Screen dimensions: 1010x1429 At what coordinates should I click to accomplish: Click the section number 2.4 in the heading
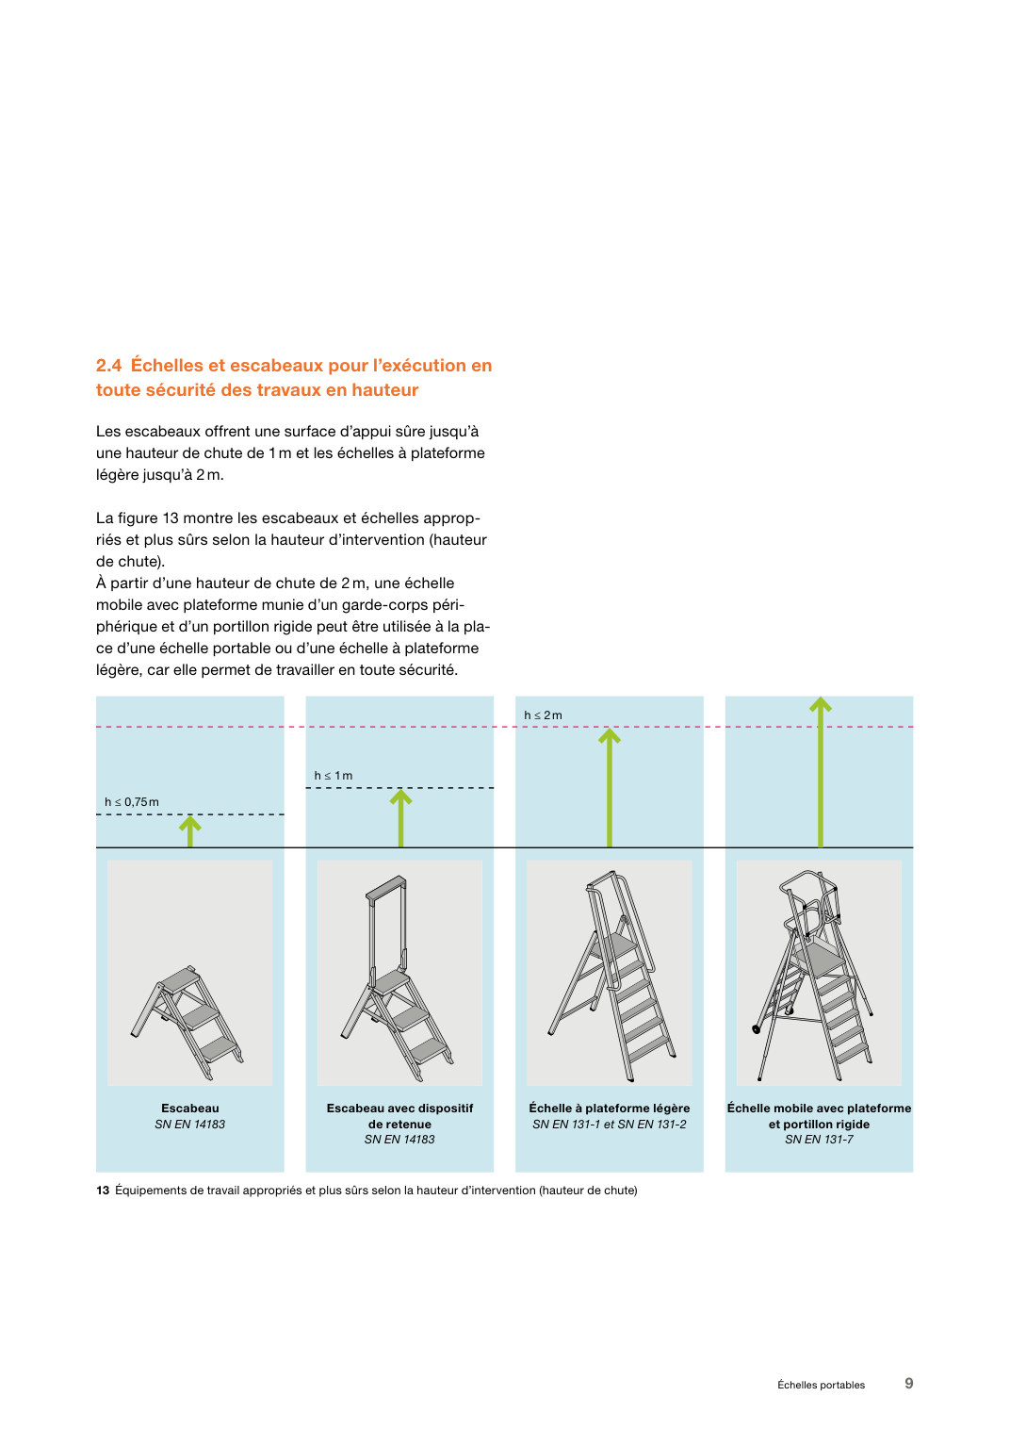(108, 366)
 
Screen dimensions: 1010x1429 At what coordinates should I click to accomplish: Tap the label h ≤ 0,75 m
(132, 802)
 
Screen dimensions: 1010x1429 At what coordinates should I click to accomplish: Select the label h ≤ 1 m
(334, 776)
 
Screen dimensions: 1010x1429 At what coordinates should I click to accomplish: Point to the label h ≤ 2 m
(544, 715)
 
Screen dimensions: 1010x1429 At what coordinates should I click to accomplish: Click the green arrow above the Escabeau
(190, 832)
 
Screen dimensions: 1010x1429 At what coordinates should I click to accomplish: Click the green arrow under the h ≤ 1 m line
(400, 818)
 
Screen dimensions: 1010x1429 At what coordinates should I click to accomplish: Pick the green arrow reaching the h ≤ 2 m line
(610, 788)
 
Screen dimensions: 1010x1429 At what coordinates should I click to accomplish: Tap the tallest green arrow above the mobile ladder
(821, 772)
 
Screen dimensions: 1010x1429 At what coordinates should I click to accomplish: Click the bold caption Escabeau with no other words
(190, 1109)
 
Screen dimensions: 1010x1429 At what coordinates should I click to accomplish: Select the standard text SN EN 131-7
(820, 1140)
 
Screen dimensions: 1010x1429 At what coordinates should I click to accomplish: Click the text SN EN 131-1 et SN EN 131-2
(610, 1124)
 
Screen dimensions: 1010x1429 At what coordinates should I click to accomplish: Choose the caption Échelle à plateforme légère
(610, 1109)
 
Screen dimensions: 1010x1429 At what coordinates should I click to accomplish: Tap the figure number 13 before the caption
(103, 1191)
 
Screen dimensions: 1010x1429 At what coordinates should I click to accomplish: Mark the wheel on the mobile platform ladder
(757, 1028)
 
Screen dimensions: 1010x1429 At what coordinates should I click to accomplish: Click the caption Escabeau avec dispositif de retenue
(399, 1116)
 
